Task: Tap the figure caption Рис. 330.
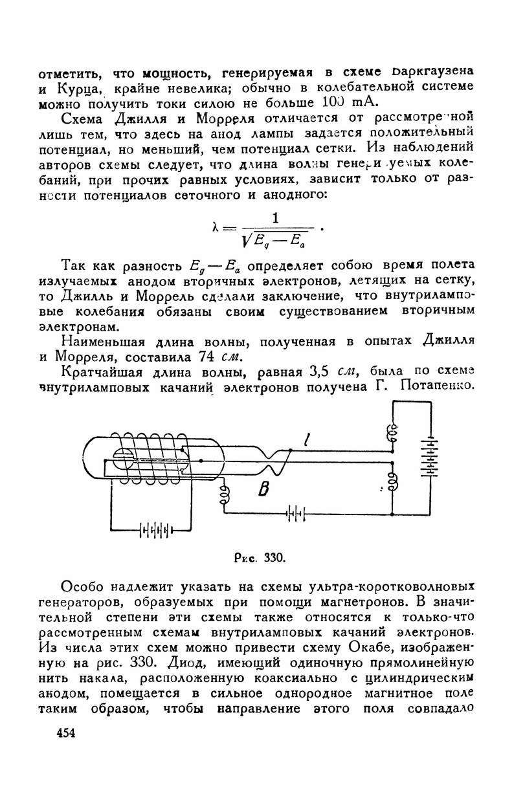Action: tap(258, 556)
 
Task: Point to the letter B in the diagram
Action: tap(263, 490)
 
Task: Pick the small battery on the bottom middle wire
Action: tap(295, 514)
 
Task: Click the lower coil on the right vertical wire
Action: tap(392, 482)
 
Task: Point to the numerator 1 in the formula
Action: tap(276, 219)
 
